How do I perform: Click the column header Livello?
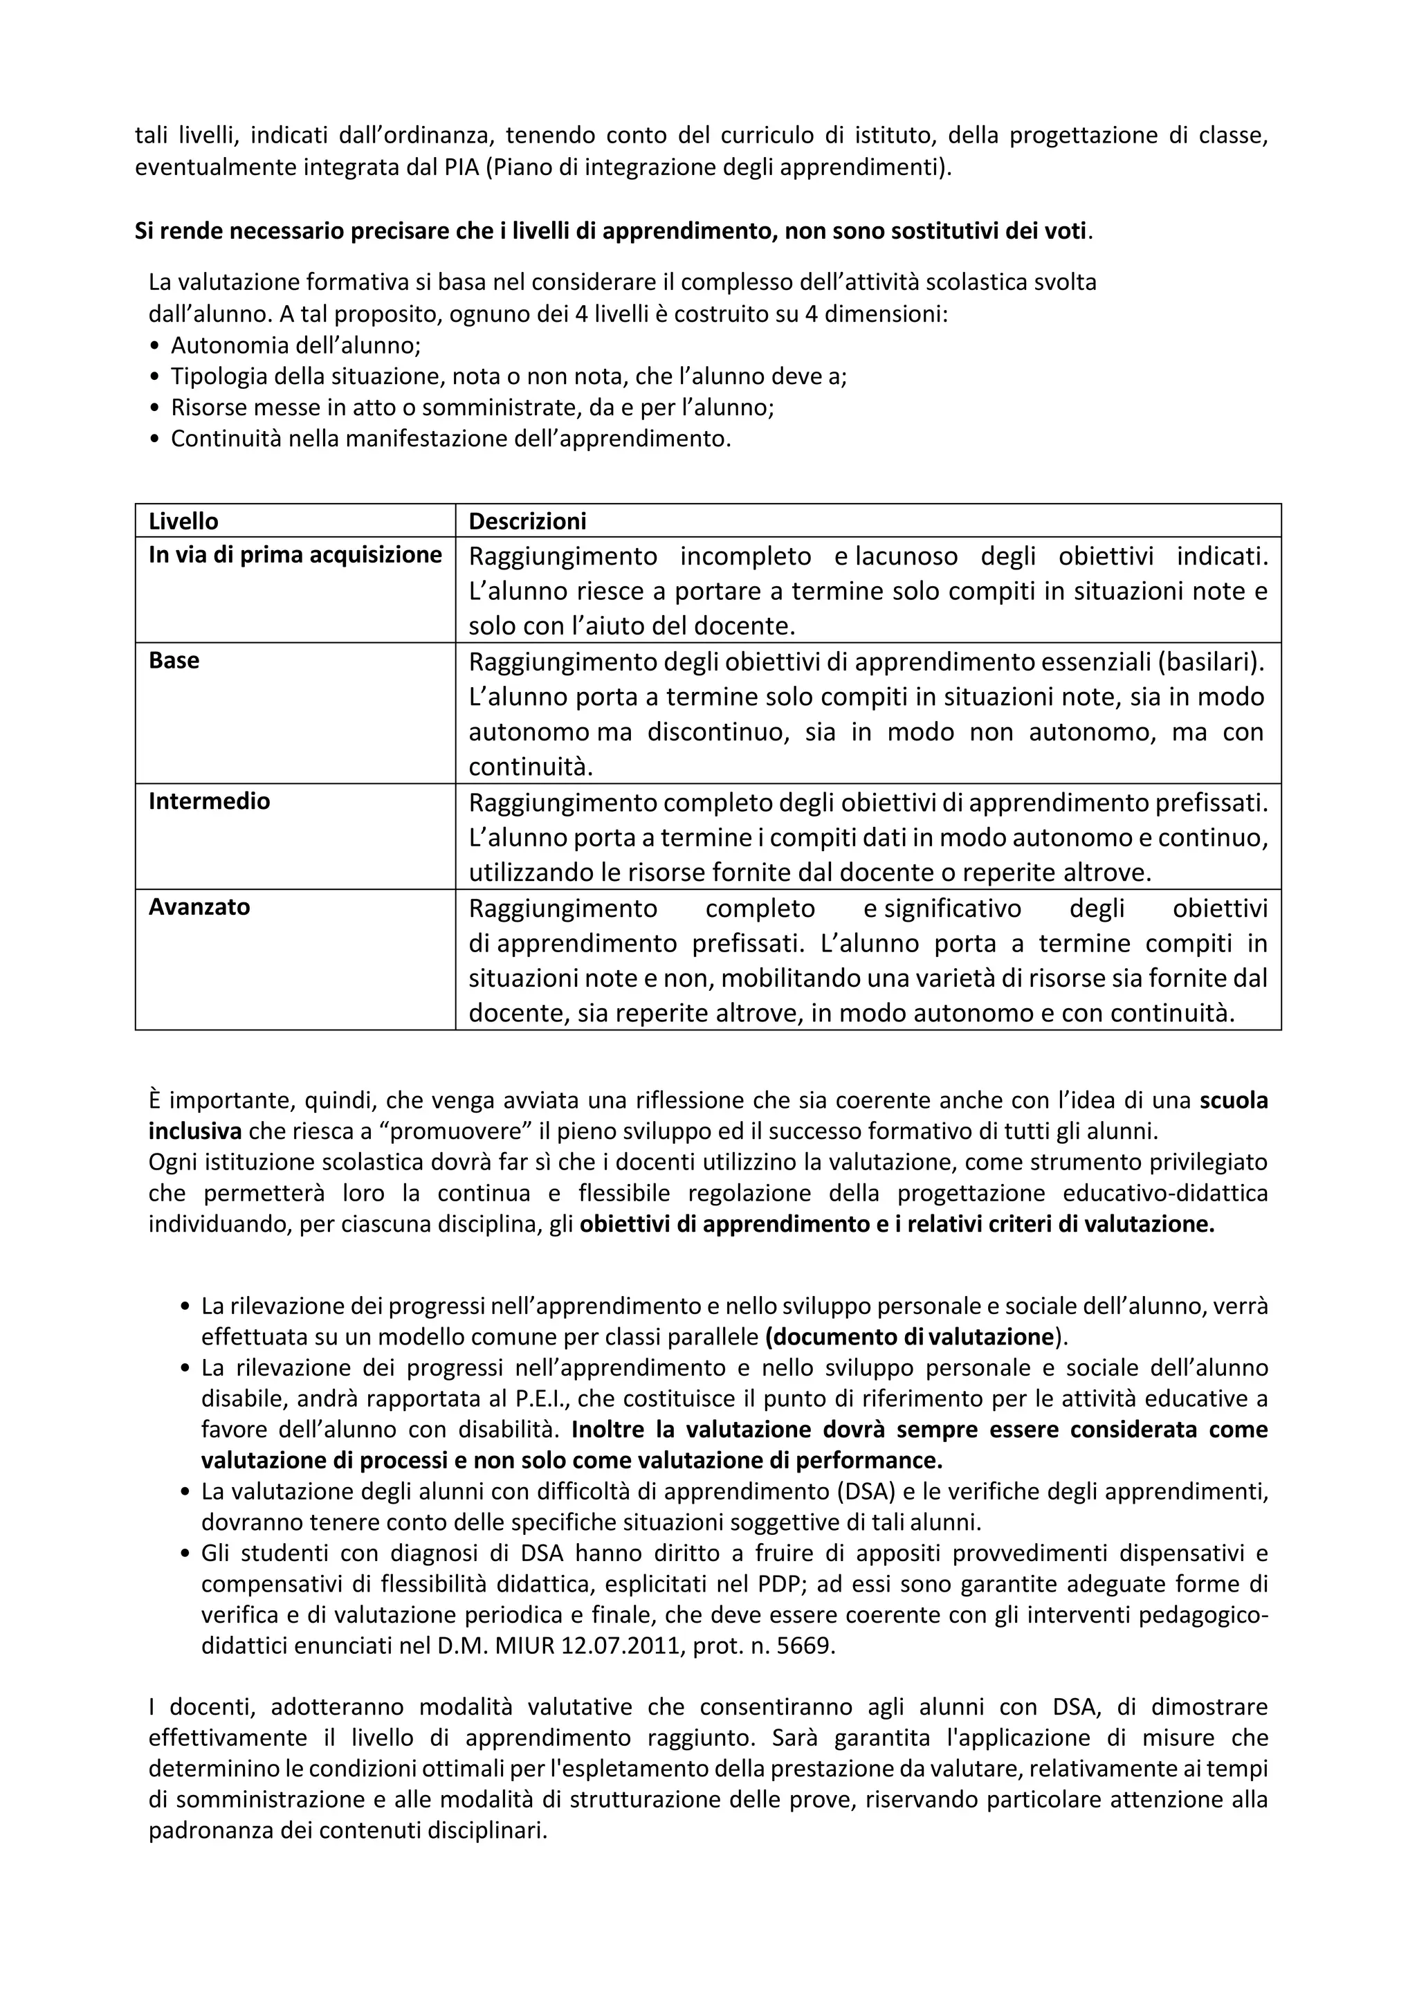tap(183, 521)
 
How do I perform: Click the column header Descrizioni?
tap(527, 521)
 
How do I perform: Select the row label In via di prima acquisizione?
tap(295, 555)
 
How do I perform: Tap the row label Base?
tap(174, 661)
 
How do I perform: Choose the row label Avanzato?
tap(199, 907)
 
